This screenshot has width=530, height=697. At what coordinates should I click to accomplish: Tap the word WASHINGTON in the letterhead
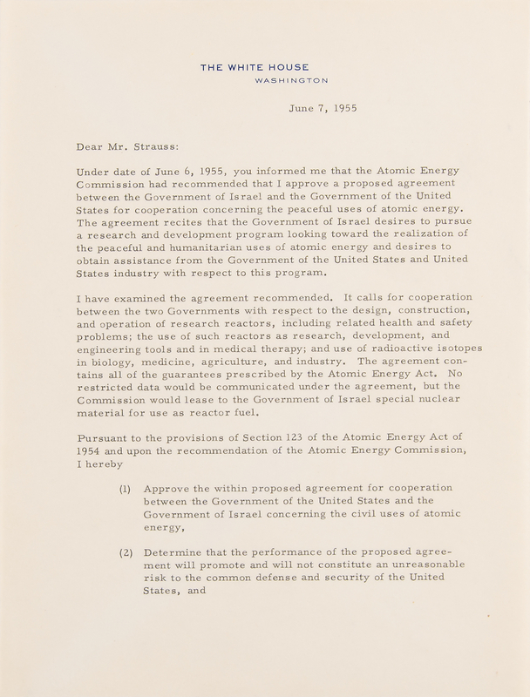[292, 81]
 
